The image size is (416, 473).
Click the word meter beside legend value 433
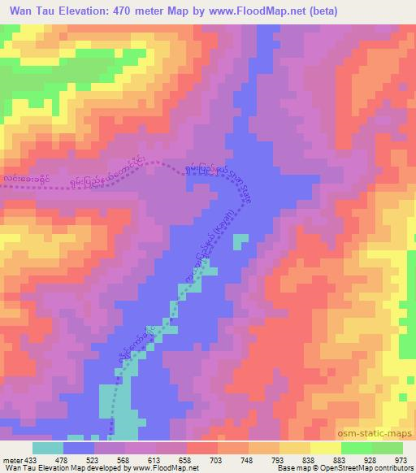[x=11, y=460]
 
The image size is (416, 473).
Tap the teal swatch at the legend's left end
[x=48, y=448]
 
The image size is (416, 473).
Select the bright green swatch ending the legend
[x=388, y=448]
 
